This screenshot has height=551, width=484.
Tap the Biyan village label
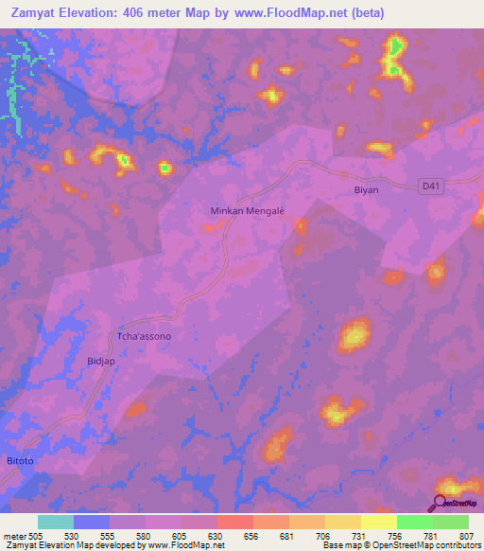(x=366, y=189)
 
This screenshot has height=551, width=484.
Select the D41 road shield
(x=431, y=187)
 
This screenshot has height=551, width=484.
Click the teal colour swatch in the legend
(x=56, y=522)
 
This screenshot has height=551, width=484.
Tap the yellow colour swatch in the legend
(x=379, y=522)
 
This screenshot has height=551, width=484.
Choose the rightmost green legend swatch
(x=451, y=522)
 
